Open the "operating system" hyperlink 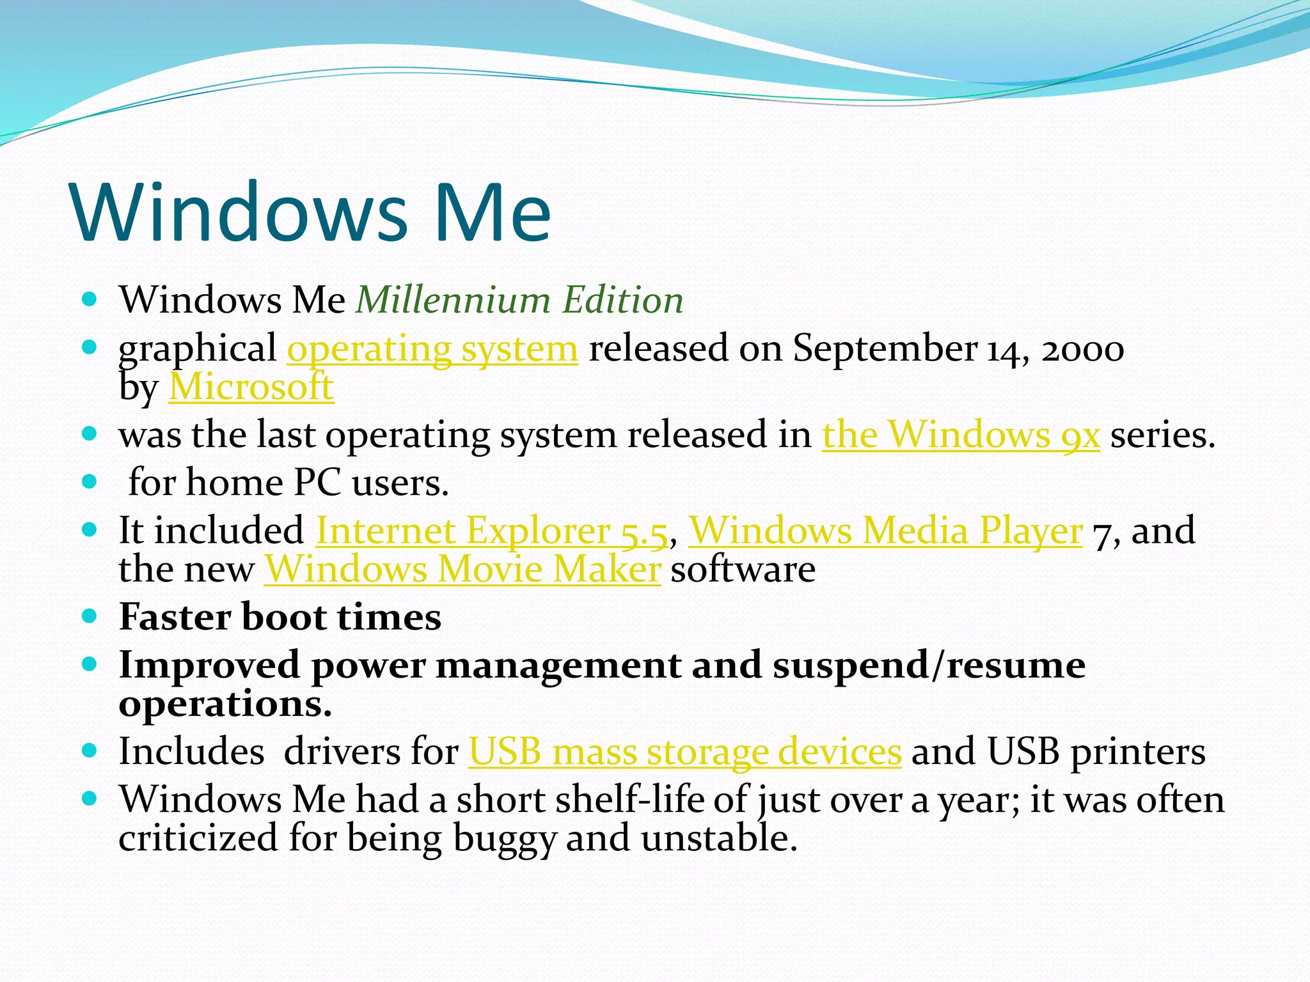[x=432, y=349]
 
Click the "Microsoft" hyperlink [x=251, y=387]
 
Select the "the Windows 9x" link [x=961, y=435]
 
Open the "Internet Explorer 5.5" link [x=491, y=531]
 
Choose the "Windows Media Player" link [x=885, y=531]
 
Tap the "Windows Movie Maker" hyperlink [x=462, y=569]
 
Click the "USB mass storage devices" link [x=685, y=751]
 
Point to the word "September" [x=885, y=349]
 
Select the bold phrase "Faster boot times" [x=280, y=618]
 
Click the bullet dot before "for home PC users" [x=90, y=481]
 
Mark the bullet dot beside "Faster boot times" [x=90, y=616]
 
